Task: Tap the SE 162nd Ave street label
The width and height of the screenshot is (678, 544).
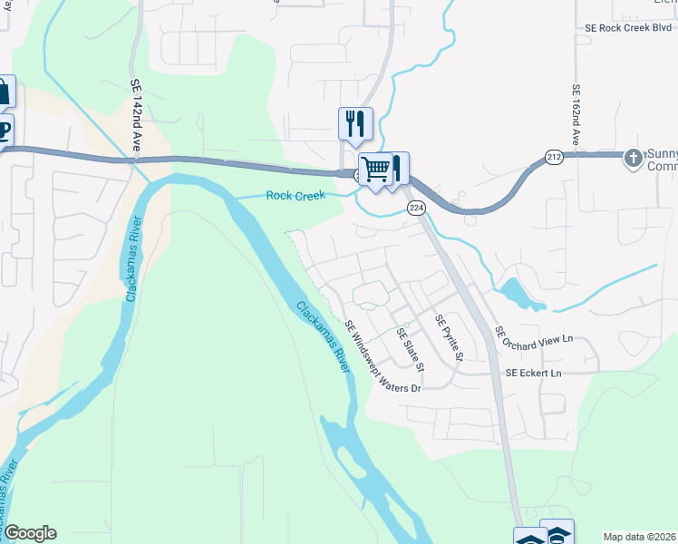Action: tap(576, 115)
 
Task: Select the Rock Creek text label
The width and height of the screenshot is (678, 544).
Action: tap(295, 196)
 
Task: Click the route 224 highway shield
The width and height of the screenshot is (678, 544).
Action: tap(416, 209)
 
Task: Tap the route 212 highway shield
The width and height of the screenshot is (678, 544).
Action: tap(554, 158)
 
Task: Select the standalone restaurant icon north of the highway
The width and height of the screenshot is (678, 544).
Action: tap(355, 123)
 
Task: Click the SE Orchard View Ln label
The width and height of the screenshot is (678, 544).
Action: tap(535, 338)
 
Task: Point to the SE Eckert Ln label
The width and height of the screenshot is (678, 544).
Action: tap(533, 373)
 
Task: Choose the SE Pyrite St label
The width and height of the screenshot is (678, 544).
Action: tap(449, 338)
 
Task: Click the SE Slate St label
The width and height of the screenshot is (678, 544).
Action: tap(411, 350)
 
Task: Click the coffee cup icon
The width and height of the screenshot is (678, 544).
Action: tap(4, 129)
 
